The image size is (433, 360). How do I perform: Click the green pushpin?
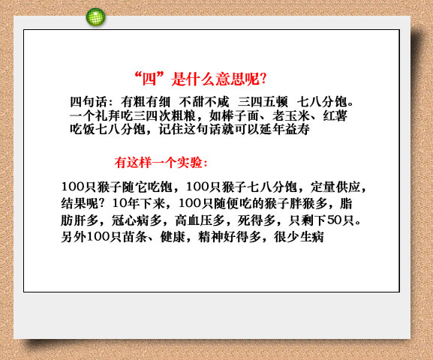click(x=95, y=17)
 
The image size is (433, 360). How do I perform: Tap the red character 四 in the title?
click(x=149, y=79)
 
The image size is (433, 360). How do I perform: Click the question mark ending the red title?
click(x=263, y=79)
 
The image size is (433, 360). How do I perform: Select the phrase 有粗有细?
click(x=146, y=102)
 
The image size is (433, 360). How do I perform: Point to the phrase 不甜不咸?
click(x=204, y=102)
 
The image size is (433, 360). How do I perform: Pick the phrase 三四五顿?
click(x=263, y=102)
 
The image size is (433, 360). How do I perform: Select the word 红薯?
click(x=335, y=115)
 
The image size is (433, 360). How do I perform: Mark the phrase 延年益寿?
click(x=284, y=129)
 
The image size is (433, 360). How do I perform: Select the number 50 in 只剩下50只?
click(x=334, y=220)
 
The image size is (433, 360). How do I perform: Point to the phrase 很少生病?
click(x=299, y=237)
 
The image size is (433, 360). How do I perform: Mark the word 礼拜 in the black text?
click(x=107, y=115)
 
